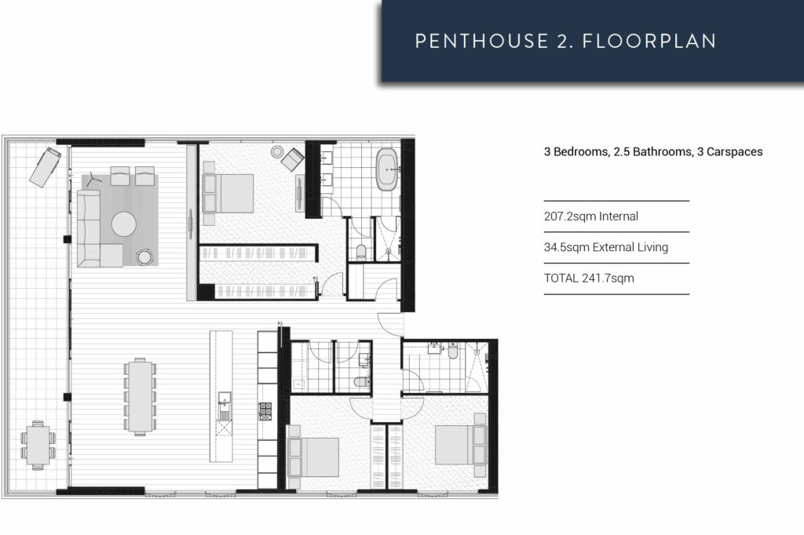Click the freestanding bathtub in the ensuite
tap(387, 170)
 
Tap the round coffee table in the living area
tap(124, 224)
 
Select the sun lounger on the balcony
tap(45, 166)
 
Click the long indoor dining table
tap(141, 396)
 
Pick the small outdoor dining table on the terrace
tap(38, 443)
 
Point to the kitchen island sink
tap(223, 405)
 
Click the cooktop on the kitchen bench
tap(265, 409)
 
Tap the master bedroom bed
tap(229, 193)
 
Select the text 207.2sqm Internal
tap(590, 217)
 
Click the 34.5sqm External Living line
tap(605, 247)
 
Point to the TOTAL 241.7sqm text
tap(588, 278)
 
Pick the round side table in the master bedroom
tap(277, 151)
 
